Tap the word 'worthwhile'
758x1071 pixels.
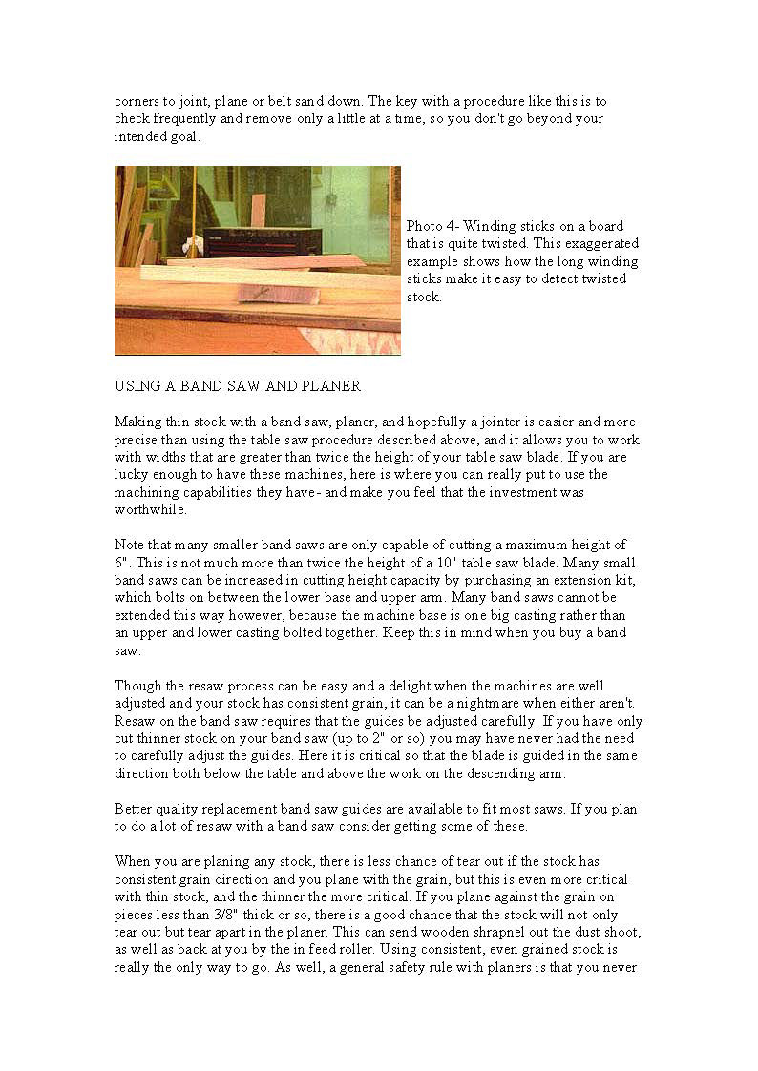click(x=149, y=509)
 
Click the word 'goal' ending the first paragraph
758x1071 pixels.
click(x=186, y=136)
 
